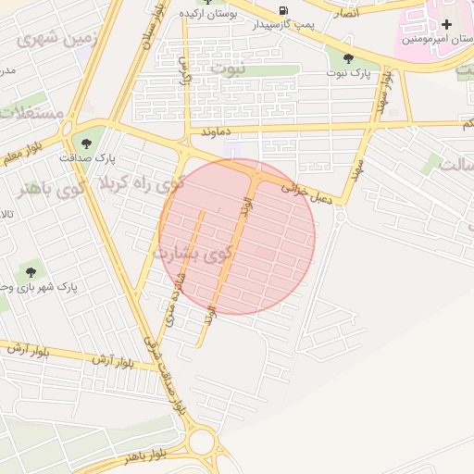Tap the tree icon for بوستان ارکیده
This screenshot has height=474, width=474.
pos(207,3)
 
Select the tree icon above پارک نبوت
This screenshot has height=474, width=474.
pos(347,57)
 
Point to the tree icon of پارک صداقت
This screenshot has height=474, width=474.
pos(87,143)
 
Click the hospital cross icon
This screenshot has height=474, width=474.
pos(447,24)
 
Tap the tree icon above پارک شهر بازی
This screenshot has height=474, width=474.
pos(31,272)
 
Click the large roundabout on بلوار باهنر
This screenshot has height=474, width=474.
pos(205,442)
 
